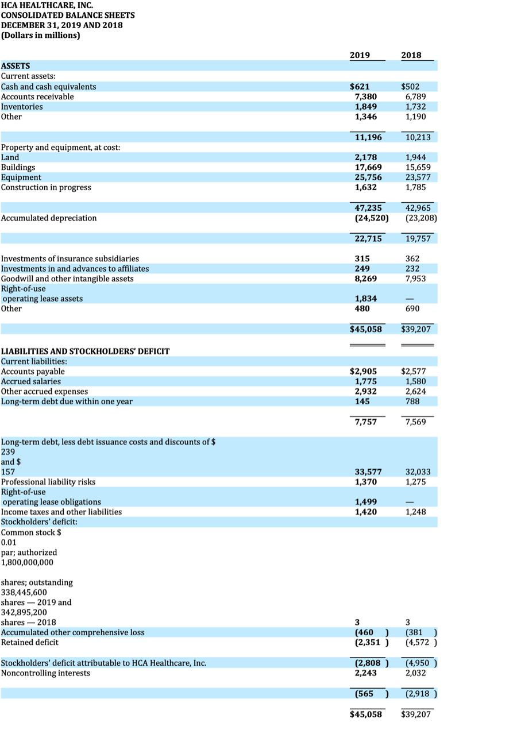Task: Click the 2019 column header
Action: tap(360, 56)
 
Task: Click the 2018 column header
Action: tap(411, 56)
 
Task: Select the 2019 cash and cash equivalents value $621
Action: tap(360, 87)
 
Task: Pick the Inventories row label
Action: tap(22, 107)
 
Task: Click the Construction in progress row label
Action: tap(46, 187)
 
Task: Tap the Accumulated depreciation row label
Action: tap(49, 218)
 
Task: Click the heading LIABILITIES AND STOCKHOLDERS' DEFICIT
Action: tap(86, 351)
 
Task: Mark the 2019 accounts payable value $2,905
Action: tap(363, 372)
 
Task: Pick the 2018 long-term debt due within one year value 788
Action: tap(411, 401)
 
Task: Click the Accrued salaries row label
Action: tap(31, 381)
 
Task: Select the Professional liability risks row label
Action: tap(48, 482)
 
